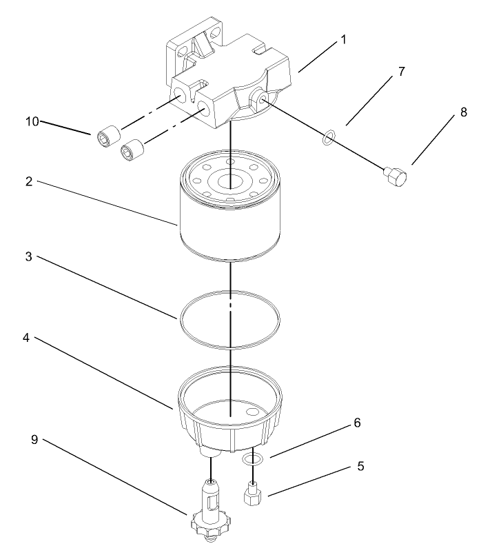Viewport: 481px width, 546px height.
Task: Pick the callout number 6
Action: point(356,423)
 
